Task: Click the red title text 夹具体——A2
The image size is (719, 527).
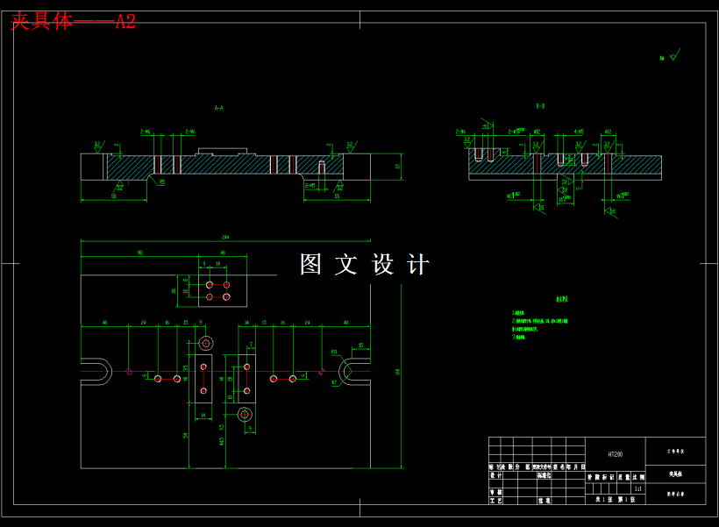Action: [73, 22]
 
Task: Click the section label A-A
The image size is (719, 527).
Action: [219, 108]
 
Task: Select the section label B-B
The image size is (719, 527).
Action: [541, 105]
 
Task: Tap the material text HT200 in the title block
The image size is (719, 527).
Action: [615, 455]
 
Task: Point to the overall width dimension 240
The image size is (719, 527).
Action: [225, 237]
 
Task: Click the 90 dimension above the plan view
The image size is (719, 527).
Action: [139, 253]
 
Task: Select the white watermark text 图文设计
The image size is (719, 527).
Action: [365, 264]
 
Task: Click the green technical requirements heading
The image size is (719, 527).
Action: [561, 298]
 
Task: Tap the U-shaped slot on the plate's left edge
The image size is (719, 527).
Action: [96, 373]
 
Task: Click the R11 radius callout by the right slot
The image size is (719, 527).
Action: [335, 352]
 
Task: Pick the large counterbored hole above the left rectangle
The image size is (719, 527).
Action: [206, 342]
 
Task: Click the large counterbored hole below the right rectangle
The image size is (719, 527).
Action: [246, 414]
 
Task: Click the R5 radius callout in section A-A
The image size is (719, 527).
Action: [161, 182]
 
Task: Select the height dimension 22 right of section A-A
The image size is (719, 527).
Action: [396, 165]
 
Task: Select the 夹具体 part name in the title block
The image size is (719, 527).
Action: [675, 474]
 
